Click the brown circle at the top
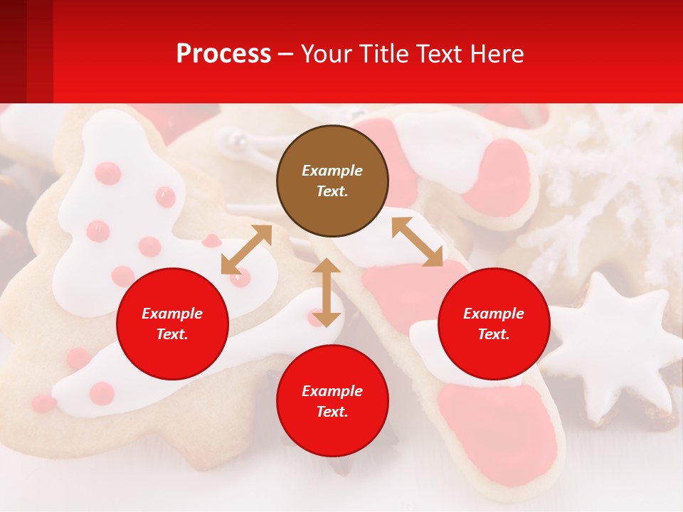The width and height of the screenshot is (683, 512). click(332, 181)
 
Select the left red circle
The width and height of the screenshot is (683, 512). click(172, 324)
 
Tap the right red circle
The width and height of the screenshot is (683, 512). click(494, 324)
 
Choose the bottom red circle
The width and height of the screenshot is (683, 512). click(332, 401)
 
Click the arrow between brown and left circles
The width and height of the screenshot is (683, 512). click(246, 250)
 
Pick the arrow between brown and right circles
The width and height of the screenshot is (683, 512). click(417, 242)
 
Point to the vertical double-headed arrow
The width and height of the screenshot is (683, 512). click(327, 292)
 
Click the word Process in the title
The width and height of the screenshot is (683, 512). click(223, 53)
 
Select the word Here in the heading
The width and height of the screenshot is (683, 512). click(497, 53)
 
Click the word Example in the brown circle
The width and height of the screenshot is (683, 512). click(332, 171)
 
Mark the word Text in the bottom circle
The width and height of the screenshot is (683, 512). click(332, 412)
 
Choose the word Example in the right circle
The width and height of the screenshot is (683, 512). click(494, 314)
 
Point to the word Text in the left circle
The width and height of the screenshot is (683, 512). click(172, 334)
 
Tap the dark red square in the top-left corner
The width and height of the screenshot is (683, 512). click(13, 51)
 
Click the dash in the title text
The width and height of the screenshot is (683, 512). click(285, 55)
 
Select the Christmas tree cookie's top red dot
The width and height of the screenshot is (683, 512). click(107, 173)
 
